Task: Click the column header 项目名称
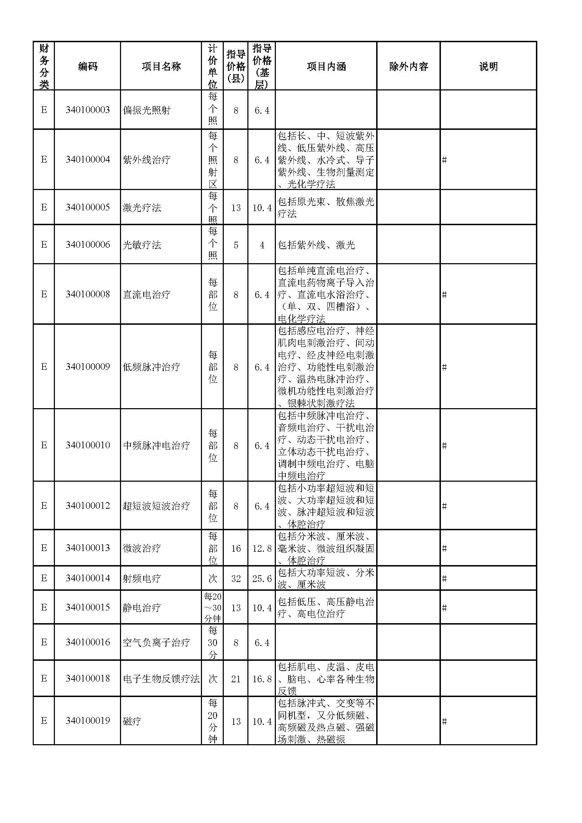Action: pyautogui.click(x=161, y=66)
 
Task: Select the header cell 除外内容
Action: pyautogui.click(x=408, y=66)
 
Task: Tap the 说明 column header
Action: pyautogui.click(x=488, y=66)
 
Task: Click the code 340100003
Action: pyautogui.click(x=88, y=110)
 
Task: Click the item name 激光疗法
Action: pyautogui.click(x=142, y=208)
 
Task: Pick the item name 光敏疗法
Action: pyautogui.click(x=142, y=245)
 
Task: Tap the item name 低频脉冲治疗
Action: pyautogui.click(x=151, y=367)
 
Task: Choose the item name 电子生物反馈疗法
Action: pyautogui.click(x=161, y=678)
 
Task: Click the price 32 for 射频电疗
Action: pyautogui.click(x=236, y=579)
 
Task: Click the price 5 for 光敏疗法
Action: pyautogui.click(x=236, y=245)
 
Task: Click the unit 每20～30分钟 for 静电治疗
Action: pyautogui.click(x=213, y=608)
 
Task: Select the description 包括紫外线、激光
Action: pyautogui.click(x=316, y=245)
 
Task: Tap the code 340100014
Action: pyautogui.click(x=88, y=578)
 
